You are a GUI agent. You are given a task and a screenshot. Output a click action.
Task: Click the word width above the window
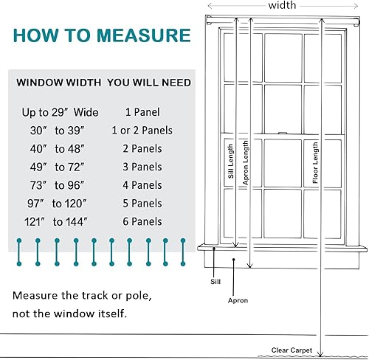coord(282,5)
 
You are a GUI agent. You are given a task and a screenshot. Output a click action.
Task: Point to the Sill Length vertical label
coord(231,161)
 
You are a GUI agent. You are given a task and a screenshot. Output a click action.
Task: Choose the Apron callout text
coord(238,300)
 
